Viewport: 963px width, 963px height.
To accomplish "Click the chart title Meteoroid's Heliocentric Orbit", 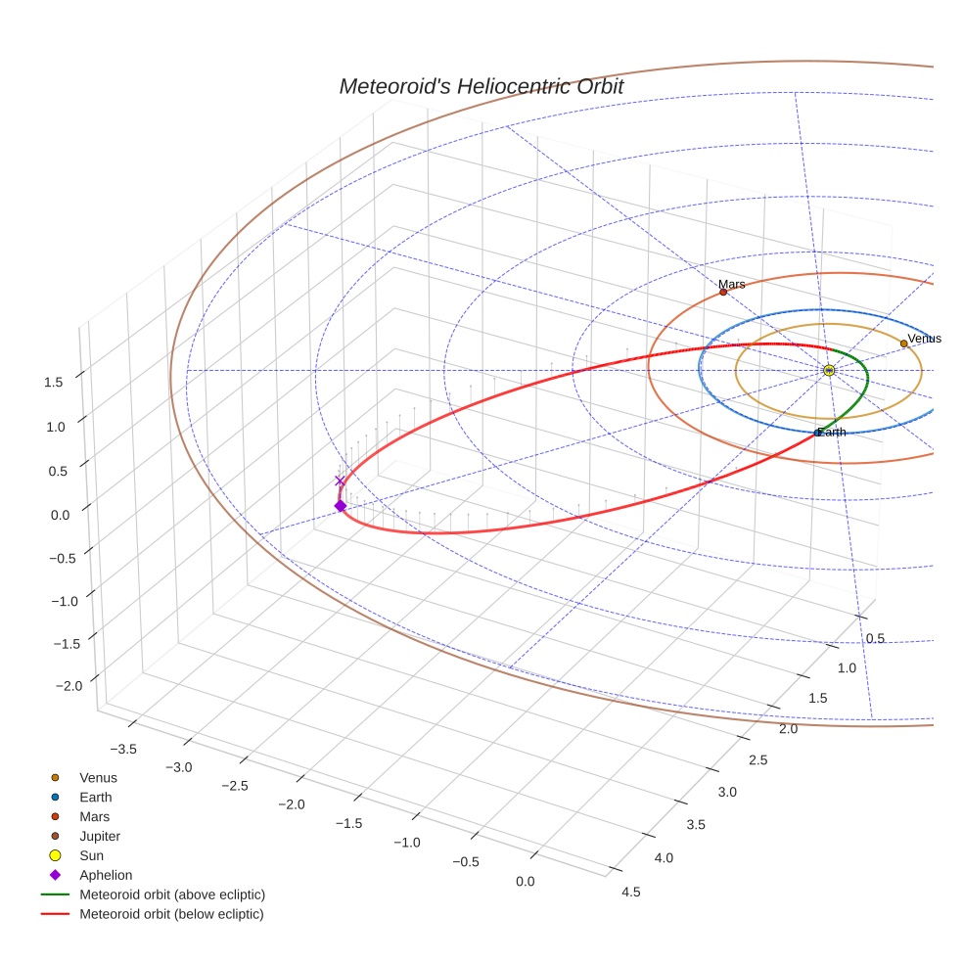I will [481, 87].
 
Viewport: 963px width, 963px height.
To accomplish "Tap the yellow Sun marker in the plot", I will [829, 370].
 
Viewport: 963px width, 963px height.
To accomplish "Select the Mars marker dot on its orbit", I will [723, 292].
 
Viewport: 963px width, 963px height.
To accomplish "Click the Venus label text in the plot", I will [924, 339].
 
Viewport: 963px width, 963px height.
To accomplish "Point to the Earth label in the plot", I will [832, 433].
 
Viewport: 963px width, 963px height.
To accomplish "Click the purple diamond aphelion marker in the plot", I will [340, 506].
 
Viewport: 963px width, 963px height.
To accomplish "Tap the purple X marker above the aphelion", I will [340, 481].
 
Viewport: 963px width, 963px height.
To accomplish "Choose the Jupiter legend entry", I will [100, 837].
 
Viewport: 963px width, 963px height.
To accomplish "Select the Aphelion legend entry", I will [106, 875].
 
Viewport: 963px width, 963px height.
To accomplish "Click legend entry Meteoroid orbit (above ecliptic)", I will [172, 894].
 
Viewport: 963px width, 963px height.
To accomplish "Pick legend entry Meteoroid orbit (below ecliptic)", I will [171, 914].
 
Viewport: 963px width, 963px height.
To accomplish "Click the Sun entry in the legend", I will [92, 856].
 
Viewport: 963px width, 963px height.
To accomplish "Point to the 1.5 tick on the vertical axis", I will [55, 382].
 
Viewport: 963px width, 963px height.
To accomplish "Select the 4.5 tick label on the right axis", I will [630, 892].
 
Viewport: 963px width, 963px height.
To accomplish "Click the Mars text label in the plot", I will [731, 284].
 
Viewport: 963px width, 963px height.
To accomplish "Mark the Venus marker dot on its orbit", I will [903, 344].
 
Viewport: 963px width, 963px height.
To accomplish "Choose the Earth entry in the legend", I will [96, 798].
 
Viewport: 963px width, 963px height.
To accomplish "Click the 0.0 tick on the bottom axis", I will [525, 882].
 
